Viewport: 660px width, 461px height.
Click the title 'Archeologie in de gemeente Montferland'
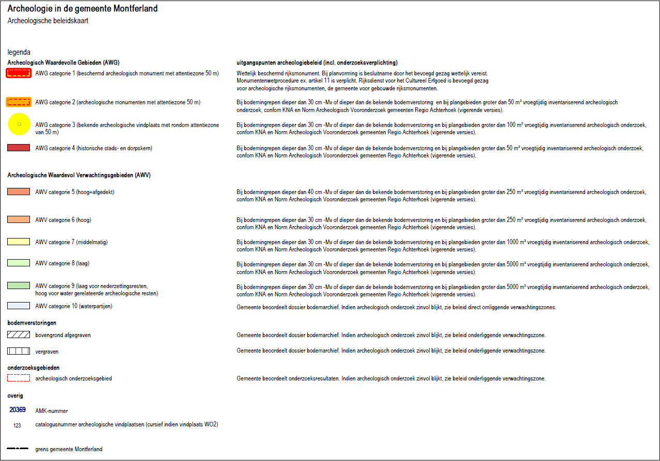tap(83, 9)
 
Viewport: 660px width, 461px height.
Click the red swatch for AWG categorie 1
tap(19, 73)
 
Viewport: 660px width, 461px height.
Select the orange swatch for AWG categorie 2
tap(19, 102)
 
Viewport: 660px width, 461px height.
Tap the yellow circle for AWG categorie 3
tap(19, 124)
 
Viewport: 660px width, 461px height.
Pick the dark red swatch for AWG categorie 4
tap(19, 148)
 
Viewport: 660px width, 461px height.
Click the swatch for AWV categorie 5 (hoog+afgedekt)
tap(19, 192)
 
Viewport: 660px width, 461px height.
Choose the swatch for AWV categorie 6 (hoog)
tap(19, 220)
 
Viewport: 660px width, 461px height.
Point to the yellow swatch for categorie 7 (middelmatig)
tap(19, 242)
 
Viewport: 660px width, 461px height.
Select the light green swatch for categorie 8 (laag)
tap(19, 263)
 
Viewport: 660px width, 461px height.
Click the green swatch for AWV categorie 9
tap(19, 285)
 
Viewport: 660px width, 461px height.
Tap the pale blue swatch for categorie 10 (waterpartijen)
tap(19, 306)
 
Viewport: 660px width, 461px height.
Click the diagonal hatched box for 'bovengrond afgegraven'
tap(19, 335)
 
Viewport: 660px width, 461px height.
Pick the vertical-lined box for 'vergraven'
tap(19, 351)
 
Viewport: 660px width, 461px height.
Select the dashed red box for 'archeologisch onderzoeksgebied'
tap(19, 378)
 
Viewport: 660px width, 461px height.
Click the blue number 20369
tap(18, 410)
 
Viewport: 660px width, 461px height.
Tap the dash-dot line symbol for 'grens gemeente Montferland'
tap(18, 449)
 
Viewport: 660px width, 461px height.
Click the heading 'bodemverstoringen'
tap(32, 323)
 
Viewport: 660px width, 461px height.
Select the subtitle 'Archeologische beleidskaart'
tap(48, 21)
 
